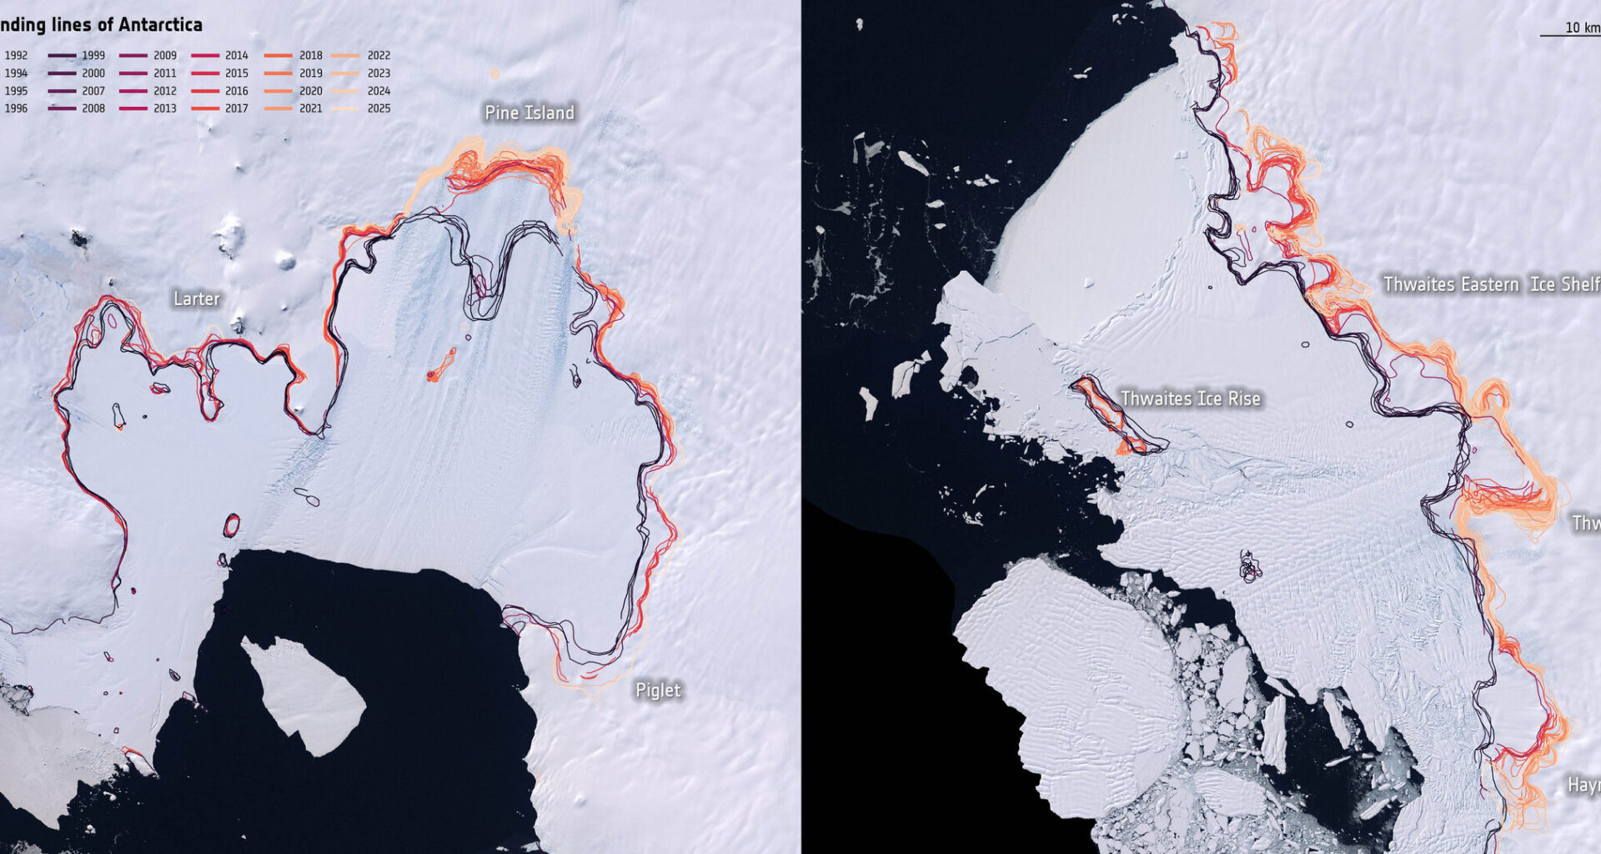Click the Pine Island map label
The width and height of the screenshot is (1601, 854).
529,113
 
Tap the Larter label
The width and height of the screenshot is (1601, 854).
196,299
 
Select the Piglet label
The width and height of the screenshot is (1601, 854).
658,690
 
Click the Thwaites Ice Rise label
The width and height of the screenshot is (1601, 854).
1190,399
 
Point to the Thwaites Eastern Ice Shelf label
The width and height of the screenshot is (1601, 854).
1490,284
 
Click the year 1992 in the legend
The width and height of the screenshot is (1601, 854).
16,56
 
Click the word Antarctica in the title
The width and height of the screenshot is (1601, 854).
159,24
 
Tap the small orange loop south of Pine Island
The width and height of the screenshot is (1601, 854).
441,365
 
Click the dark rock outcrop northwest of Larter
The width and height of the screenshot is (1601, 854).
79,240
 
